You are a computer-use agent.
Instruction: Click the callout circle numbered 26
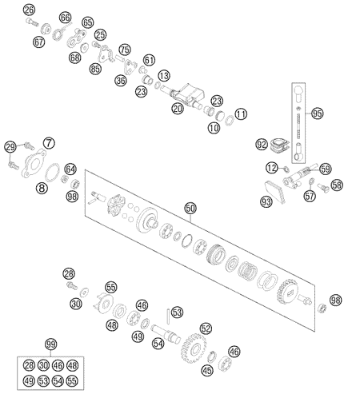(x=29, y=10)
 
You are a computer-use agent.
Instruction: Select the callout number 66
(x=65, y=18)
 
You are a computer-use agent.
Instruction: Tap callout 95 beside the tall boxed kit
(x=317, y=113)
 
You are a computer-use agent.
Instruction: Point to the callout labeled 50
(x=190, y=209)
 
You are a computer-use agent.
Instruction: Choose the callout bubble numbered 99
(x=50, y=344)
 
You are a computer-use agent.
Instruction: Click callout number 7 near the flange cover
(x=49, y=143)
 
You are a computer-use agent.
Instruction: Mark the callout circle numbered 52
(x=206, y=329)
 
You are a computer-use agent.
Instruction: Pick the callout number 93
(x=266, y=201)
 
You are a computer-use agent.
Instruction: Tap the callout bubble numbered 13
(x=164, y=76)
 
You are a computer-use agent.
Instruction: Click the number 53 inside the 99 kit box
(x=43, y=381)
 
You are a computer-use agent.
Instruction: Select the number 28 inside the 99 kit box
(x=29, y=365)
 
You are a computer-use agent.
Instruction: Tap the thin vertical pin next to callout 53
(x=168, y=316)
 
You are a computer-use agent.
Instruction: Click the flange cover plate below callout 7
(x=34, y=163)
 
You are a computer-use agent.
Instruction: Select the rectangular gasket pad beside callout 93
(x=275, y=192)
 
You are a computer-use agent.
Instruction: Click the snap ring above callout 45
(x=212, y=356)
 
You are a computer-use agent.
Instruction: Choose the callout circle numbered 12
(x=272, y=169)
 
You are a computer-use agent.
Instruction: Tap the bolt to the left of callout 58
(x=322, y=187)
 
